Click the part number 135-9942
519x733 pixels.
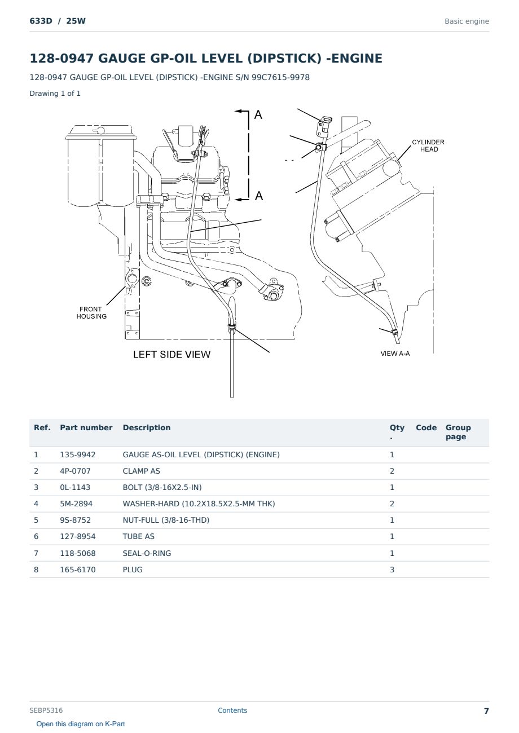78,454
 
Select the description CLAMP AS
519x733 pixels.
141,471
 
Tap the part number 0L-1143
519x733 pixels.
75,487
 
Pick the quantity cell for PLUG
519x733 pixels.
392,569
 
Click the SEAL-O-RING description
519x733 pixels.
147,553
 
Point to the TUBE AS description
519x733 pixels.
139,536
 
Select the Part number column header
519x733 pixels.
86,427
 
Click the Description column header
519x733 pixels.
147,427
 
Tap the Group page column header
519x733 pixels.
458,432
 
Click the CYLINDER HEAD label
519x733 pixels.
428,145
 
